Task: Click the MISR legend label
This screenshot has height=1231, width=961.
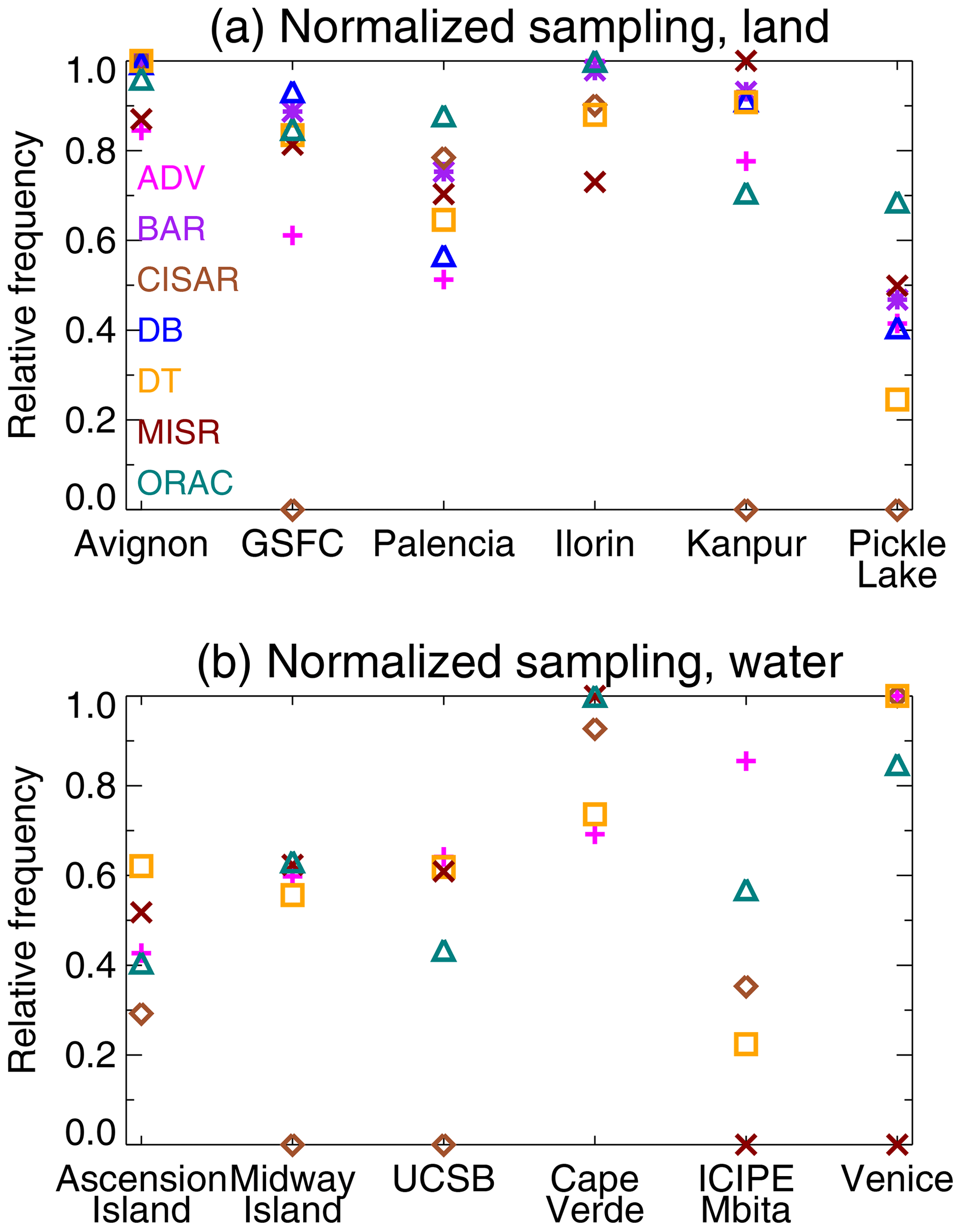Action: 178,432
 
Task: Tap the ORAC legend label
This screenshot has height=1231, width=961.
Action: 185,483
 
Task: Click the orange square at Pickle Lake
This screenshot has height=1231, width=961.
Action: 897,400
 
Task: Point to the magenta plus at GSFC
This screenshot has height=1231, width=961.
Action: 292,235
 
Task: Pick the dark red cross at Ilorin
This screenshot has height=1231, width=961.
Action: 595,183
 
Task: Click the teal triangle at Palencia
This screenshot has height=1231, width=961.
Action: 444,117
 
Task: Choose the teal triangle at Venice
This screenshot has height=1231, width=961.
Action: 897,766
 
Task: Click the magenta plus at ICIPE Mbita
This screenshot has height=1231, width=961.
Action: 746,761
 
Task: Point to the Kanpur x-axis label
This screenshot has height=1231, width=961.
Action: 746,544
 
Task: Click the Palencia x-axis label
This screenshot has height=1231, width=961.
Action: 444,544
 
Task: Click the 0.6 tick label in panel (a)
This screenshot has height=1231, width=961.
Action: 90,241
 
